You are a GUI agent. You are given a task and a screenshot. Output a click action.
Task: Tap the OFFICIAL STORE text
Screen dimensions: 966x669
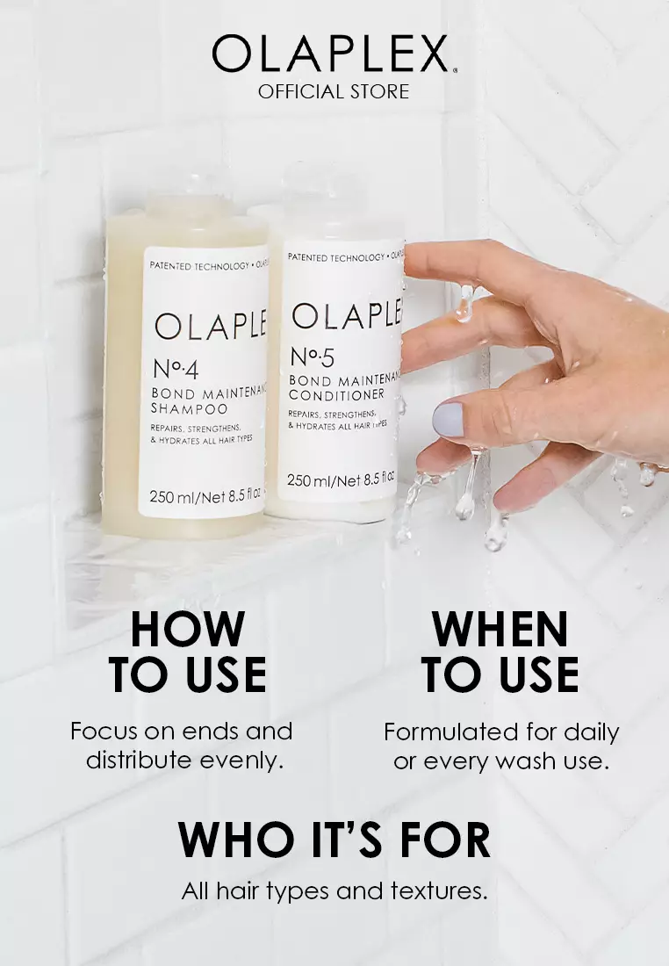click(x=334, y=91)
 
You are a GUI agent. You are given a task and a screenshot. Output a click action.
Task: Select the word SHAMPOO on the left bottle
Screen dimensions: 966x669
click(x=190, y=408)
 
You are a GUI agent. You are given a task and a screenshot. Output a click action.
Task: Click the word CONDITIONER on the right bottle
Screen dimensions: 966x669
click(x=336, y=395)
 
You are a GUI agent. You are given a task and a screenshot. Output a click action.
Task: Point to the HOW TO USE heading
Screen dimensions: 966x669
click(x=187, y=652)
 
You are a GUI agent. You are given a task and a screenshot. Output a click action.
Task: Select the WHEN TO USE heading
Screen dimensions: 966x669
click(x=500, y=652)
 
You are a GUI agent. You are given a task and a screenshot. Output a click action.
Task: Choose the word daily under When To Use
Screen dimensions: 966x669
click(x=591, y=732)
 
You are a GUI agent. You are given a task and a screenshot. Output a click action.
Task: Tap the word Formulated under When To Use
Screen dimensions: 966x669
click(x=450, y=732)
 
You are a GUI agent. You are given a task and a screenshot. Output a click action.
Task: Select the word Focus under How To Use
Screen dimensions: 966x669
click(x=103, y=731)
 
